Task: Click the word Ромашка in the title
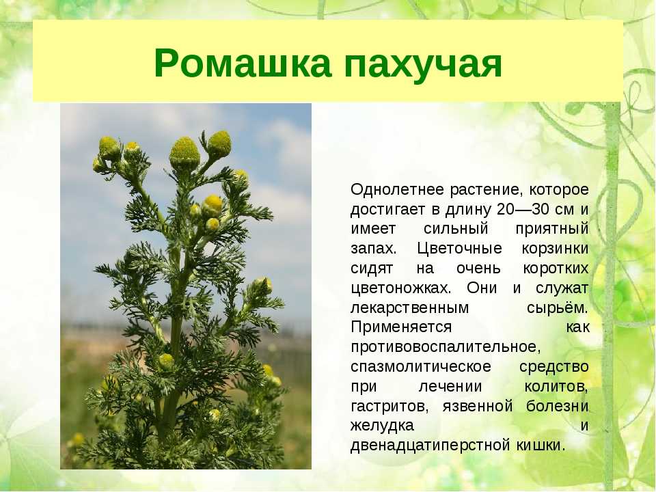[x=243, y=64]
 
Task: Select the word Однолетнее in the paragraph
[x=396, y=189]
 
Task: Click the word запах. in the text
[x=373, y=249]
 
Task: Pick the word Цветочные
[x=459, y=249]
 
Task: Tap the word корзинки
[x=555, y=249]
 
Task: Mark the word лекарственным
[x=409, y=308]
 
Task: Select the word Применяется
[x=401, y=327]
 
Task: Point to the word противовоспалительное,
[x=446, y=347]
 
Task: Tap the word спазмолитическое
[x=420, y=367]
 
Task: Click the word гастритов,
[x=389, y=406]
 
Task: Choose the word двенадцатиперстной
[x=430, y=445]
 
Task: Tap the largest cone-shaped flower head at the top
[x=184, y=153]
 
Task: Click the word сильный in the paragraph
[x=456, y=230]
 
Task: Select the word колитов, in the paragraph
[x=556, y=387]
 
